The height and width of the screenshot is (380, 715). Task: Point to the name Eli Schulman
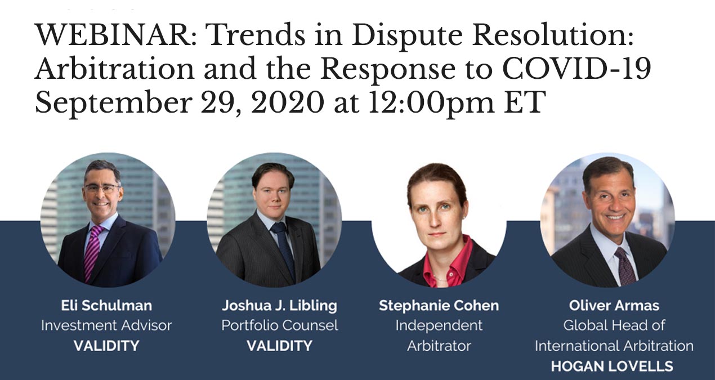[x=106, y=305]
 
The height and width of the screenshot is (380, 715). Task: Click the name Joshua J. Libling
[x=280, y=306]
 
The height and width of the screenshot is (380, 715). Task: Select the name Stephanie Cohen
[x=439, y=306]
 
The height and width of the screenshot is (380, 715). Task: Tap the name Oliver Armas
[x=614, y=305]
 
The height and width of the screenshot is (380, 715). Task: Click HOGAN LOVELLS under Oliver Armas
[x=612, y=366]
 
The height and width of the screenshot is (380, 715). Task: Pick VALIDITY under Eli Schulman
[x=106, y=346]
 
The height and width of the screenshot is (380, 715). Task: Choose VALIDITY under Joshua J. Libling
[x=280, y=346]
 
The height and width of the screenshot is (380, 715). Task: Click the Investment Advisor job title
[x=106, y=325]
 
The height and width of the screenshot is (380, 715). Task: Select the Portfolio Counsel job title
[x=280, y=325]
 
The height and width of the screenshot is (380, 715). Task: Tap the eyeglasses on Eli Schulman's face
[x=101, y=188]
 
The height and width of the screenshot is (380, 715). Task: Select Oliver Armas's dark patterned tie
[x=625, y=266]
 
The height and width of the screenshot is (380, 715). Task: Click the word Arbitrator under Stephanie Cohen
[x=439, y=346]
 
